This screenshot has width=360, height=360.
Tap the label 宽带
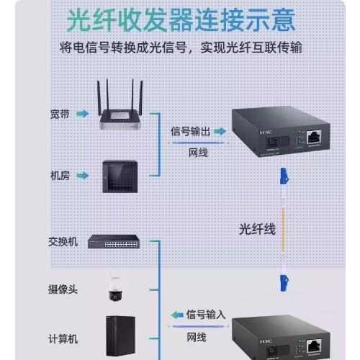[x=60, y=114]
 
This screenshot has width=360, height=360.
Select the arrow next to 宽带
[x=83, y=113]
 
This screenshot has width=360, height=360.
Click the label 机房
[x=60, y=176]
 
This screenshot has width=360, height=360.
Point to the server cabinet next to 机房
[x=120, y=176]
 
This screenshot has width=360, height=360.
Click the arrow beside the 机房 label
[x=83, y=176]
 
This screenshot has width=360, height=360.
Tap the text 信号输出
[x=190, y=132]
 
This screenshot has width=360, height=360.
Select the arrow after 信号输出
[x=220, y=131]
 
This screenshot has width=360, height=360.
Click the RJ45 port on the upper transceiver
[x=314, y=138]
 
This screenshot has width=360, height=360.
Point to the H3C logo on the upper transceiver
[x=266, y=132]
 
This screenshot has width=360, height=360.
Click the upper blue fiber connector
[x=284, y=176]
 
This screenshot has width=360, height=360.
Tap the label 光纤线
[x=257, y=229]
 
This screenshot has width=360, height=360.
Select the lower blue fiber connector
[x=284, y=283]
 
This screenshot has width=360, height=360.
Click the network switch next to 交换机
[x=114, y=241]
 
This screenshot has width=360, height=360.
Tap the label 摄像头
[x=63, y=289]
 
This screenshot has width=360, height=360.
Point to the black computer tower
[x=121, y=336]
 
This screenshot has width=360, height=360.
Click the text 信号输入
[x=206, y=315]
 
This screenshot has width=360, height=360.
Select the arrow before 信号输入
[x=177, y=315]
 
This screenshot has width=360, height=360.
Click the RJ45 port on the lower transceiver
[x=314, y=346]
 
